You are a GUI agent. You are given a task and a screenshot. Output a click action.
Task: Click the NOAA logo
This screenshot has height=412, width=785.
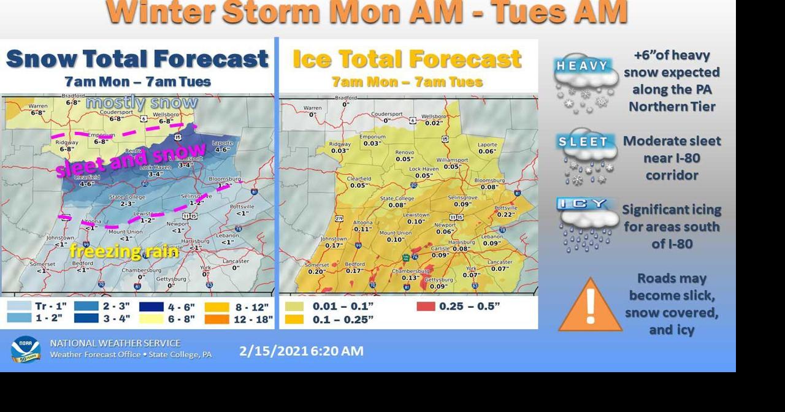[x=25, y=349]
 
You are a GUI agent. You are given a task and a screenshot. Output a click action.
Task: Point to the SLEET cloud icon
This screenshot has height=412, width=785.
[x=585, y=156]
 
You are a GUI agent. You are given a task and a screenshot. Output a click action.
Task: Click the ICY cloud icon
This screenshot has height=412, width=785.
[x=585, y=224]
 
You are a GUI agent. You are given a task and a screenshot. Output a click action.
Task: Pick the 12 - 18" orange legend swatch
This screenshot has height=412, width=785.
[x=217, y=319]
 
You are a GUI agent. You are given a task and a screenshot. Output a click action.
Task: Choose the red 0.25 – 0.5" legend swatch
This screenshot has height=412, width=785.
[x=426, y=307]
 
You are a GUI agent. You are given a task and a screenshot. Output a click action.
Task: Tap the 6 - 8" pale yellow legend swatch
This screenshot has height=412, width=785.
[x=151, y=319]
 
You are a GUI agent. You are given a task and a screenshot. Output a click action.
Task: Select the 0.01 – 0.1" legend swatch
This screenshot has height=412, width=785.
[x=294, y=307]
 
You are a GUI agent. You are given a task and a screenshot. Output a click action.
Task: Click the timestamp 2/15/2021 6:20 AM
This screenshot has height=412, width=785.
[x=301, y=351]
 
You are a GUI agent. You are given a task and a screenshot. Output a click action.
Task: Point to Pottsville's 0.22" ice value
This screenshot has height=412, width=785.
[x=506, y=215]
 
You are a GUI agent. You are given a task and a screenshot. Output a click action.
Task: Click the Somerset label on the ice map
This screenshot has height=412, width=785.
[x=317, y=265]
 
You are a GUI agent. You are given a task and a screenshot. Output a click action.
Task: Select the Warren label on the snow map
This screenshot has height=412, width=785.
[x=38, y=107]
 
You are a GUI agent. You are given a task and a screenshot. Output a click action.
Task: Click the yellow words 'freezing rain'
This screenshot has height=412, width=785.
[x=123, y=251]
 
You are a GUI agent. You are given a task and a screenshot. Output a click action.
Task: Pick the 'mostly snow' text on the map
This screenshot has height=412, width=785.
[x=142, y=102]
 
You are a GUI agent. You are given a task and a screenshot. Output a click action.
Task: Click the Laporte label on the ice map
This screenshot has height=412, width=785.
[x=488, y=145]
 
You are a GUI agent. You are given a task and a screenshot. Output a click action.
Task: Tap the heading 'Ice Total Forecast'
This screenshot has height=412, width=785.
[x=407, y=59]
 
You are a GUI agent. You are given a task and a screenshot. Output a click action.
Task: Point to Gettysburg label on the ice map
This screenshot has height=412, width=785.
[x=438, y=280]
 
